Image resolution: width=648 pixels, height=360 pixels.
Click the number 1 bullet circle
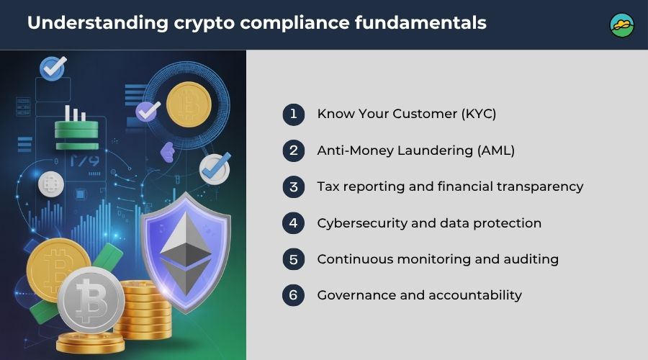(x=294, y=114)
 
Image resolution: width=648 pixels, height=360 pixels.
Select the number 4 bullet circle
(x=294, y=223)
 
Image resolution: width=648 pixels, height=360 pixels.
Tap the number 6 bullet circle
(x=294, y=295)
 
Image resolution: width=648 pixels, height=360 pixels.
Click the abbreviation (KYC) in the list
(x=479, y=114)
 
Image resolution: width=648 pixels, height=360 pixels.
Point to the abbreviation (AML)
(x=496, y=150)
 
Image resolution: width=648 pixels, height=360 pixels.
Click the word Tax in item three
(x=328, y=186)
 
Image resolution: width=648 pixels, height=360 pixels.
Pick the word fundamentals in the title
(x=420, y=22)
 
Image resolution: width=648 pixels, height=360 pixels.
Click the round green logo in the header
(x=621, y=25)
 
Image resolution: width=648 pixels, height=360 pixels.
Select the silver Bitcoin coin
(x=91, y=300)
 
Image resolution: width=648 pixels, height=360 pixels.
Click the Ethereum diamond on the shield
(x=186, y=253)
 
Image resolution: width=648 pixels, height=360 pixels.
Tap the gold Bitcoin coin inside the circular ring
(x=189, y=104)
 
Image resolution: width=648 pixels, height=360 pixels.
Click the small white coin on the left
(x=51, y=184)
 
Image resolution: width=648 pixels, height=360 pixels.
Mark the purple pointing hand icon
(x=167, y=152)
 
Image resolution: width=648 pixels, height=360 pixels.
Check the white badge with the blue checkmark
(x=215, y=168)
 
